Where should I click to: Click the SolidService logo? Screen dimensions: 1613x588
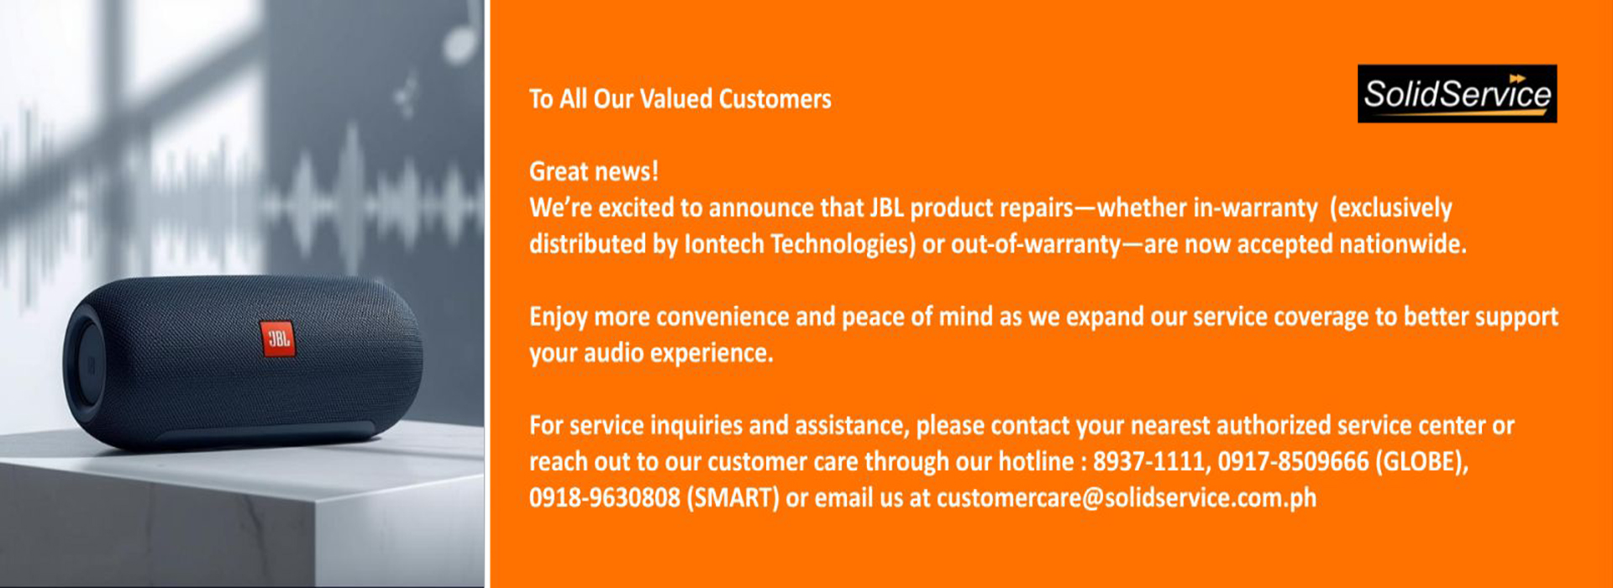[1457, 93]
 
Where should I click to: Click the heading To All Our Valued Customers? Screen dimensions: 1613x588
[680, 99]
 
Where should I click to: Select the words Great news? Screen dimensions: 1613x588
[594, 171]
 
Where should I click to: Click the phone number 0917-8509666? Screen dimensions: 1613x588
[1293, 461]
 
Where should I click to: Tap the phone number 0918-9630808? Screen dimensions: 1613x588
[604, 497]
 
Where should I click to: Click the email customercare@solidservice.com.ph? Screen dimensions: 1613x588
[1127, 498]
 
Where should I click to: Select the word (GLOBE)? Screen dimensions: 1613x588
[1421, 461]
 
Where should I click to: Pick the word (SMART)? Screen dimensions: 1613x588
[733, 498]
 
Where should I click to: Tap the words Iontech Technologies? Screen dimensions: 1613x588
[800, 244]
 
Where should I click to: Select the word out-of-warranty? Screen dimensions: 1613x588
[1035, 244]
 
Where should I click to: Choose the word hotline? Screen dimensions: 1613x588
[1036, 461]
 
